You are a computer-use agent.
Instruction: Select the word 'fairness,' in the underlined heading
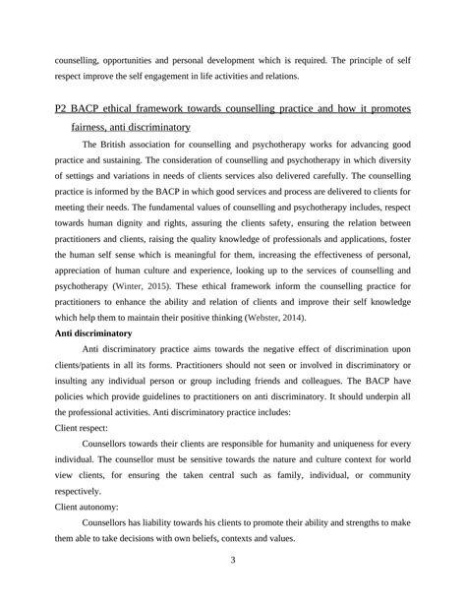[x=94, y=127]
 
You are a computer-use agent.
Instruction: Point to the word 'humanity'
[x=296, y=445]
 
